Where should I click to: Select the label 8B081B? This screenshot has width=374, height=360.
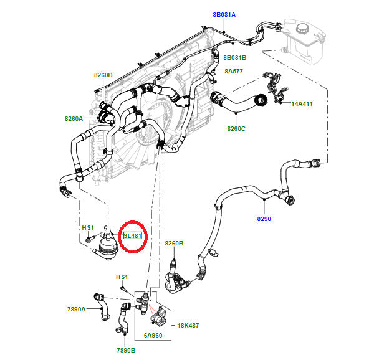pyautogui.click(x=234, y=57)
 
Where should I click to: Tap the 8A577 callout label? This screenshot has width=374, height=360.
pyautogui.click(x=234, y=72)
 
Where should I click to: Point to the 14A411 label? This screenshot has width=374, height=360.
pyautogui.click(x=302, y=103)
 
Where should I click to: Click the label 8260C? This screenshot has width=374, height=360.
pyautogui.click(x=236, y=128)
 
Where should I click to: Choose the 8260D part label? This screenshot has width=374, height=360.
pyautogui.click(x=103, y=75)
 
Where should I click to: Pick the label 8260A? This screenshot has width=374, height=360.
pyautogui.click(x=74, y=118)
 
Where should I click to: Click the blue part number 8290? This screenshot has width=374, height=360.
pyautogui.click(x=265, y=219)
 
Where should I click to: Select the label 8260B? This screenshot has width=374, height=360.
pyautogui.click(x=174, y=243)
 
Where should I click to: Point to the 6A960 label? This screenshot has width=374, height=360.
pyautogui.click(x=153, y=334)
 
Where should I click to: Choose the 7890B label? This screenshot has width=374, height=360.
pyautogui.click(x=125, y=350)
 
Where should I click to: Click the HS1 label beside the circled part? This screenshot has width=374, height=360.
pyautogui.click(x=88, y=228)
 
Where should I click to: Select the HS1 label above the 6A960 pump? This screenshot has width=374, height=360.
pyautogui.click(x=122, y=277)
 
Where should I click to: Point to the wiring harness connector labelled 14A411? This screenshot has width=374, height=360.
pyautogui.click(x=272, y=87)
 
